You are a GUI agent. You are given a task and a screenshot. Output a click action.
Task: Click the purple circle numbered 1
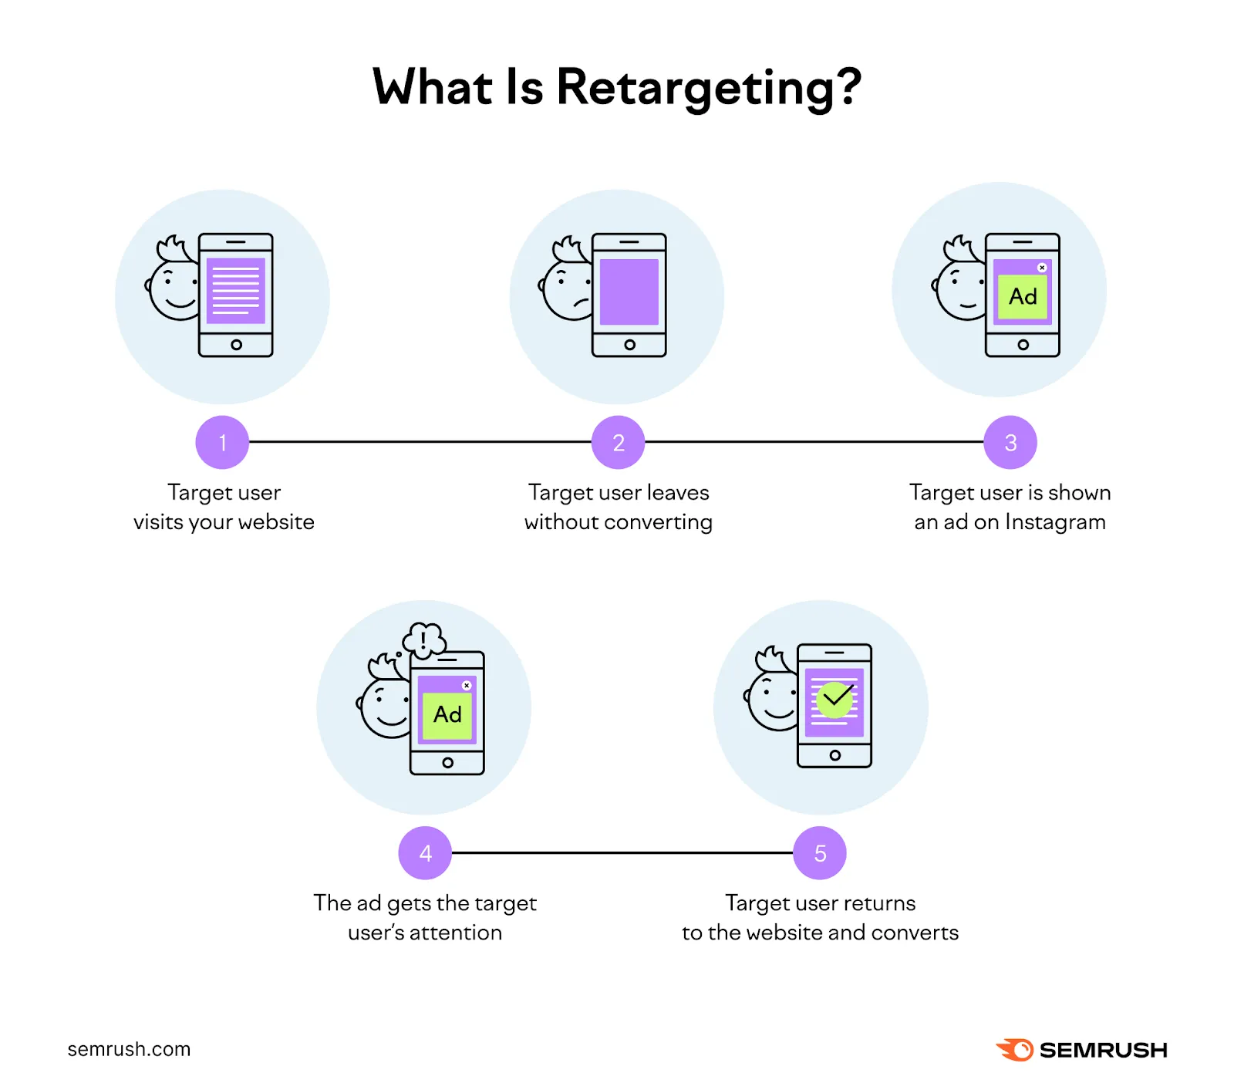click(x=222, y=442)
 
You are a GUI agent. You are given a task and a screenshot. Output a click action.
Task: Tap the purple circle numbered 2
click(x=618, y=442)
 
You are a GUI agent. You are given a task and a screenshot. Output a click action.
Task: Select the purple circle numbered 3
click(x=1010, y=442)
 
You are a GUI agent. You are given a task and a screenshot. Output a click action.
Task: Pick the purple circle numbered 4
click(x=425, y=852)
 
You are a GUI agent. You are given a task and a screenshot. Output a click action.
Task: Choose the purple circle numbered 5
click(x=820, y=852)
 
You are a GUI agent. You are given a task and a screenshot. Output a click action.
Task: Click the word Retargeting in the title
click(x=707, y=87)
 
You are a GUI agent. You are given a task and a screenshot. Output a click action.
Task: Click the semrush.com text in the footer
click(x=129, y=1049)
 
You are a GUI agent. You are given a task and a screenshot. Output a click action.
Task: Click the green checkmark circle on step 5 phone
click(x=834, y=700)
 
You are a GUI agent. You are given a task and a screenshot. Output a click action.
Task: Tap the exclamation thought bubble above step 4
click(x=424, y=639)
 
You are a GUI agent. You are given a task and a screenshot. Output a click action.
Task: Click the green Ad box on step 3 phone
click(x=1023, y=296)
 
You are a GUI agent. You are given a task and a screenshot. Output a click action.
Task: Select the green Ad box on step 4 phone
click(x=447, y=714)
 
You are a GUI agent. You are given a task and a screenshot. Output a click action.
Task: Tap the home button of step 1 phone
click(x=236, y=345)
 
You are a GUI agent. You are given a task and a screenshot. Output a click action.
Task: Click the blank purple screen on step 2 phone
click(x=629, y=292)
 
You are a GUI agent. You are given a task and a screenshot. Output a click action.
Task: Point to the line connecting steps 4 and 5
click(x=622, y=852)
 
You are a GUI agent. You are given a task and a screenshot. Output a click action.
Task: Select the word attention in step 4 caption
click(x=456, y=933)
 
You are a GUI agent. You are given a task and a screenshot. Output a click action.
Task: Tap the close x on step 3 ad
click(x=1042, y=268)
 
